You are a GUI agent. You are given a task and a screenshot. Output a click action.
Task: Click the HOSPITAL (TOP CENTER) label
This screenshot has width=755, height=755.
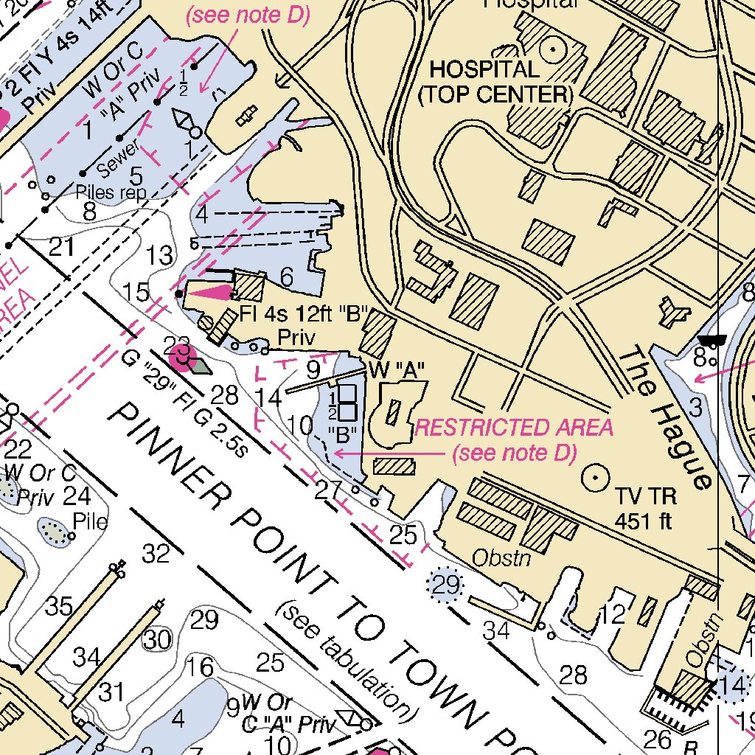point(495,82)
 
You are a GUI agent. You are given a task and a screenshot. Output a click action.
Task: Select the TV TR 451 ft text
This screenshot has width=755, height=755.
point(647,509)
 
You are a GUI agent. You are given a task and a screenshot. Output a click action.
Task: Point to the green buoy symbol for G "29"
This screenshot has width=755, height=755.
point(198,363)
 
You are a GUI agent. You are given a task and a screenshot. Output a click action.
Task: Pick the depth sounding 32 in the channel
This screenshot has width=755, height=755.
point(156,553)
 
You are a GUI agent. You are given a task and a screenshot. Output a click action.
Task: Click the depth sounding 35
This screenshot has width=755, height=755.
point(59,606)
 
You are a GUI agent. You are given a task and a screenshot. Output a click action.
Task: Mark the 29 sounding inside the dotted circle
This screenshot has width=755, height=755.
point(445,585)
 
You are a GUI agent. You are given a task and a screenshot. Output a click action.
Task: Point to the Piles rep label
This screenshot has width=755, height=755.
point(111,193)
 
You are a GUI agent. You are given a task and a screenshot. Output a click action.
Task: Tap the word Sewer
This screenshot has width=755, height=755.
point(117,160)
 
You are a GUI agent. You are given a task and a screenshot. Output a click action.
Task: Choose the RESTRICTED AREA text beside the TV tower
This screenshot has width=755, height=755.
point(514,428)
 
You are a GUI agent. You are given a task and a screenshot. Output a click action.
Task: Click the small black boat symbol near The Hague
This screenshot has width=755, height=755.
point(712,340)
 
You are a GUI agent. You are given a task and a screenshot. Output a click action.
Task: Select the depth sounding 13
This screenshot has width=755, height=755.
point(160,256)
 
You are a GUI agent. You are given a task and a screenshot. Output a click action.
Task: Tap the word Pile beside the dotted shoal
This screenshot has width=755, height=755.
point(90,522)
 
